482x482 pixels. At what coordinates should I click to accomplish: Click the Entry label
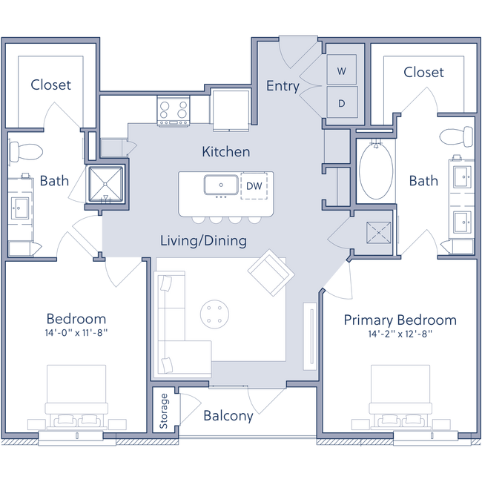[283, 86]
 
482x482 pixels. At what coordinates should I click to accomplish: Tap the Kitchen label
[225, 151]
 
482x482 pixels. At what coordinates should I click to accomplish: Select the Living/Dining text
[204, 241]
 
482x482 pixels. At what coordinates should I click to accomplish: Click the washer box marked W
[342, 71]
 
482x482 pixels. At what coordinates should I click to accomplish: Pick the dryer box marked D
[342, 102]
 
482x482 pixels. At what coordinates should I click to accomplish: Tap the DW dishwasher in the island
[254, 185]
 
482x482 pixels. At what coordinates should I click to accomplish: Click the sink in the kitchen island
[220, 184]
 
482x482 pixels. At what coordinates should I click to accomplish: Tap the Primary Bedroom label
[400, 320]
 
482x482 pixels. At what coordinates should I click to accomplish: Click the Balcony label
[228, 416]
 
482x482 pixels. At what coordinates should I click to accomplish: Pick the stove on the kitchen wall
[172, 110]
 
